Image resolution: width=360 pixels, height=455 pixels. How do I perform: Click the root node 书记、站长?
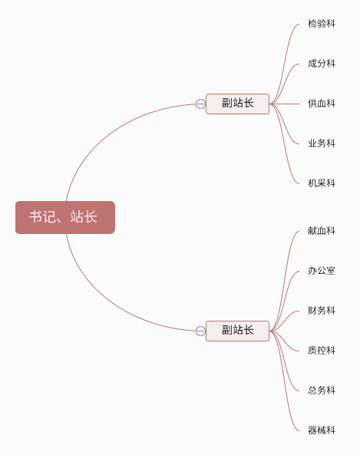[65, 217]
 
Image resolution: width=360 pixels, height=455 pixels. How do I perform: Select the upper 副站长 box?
[237, 104]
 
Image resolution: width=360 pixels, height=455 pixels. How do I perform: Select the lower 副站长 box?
[237, 331]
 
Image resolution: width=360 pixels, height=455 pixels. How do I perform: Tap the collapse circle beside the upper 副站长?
[200, 104]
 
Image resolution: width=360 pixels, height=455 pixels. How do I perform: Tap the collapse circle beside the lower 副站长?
[200, 331]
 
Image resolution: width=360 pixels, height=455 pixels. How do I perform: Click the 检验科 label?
[322, 24]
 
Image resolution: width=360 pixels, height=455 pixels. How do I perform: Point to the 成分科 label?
[322, 64]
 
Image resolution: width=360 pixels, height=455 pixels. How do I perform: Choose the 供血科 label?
[322, 104]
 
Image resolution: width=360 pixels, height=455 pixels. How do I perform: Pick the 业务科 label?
[322, 143]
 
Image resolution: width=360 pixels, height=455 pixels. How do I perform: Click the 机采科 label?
[322, 183]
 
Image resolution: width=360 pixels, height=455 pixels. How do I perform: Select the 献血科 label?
[322, 231]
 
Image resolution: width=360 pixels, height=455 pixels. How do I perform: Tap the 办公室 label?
[322, 271]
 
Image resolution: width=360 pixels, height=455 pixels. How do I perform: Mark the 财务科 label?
[322, 311]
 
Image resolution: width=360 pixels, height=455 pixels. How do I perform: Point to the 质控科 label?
[322, 351]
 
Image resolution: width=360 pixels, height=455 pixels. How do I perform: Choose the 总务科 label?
[322, 391]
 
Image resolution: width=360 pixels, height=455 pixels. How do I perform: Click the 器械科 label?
[322, 430]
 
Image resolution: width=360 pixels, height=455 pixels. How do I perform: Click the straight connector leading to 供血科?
[285, 104]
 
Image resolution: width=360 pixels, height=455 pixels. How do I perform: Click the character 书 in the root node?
[36, 217]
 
